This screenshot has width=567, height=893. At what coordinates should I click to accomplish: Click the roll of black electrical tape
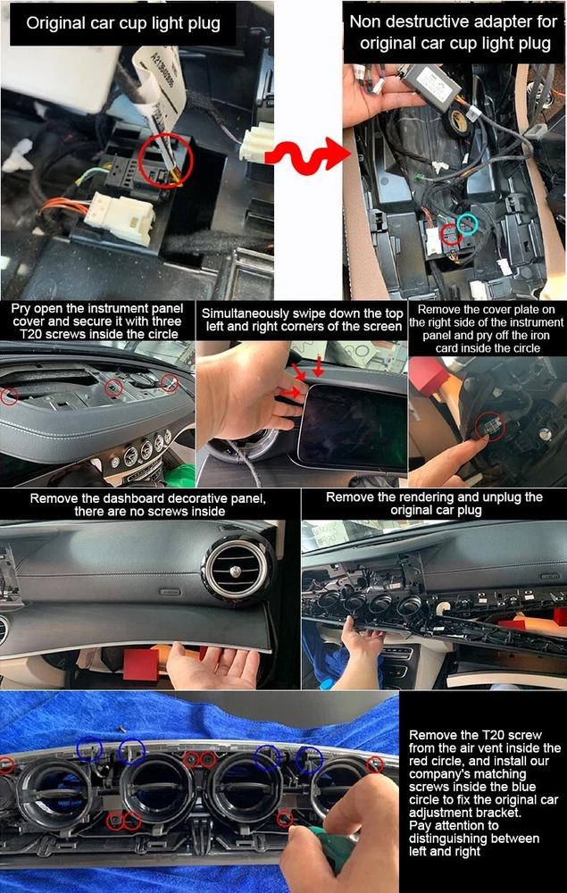[x=456, y=121]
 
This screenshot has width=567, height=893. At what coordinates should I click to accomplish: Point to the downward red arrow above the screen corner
[x=318, y=368]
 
